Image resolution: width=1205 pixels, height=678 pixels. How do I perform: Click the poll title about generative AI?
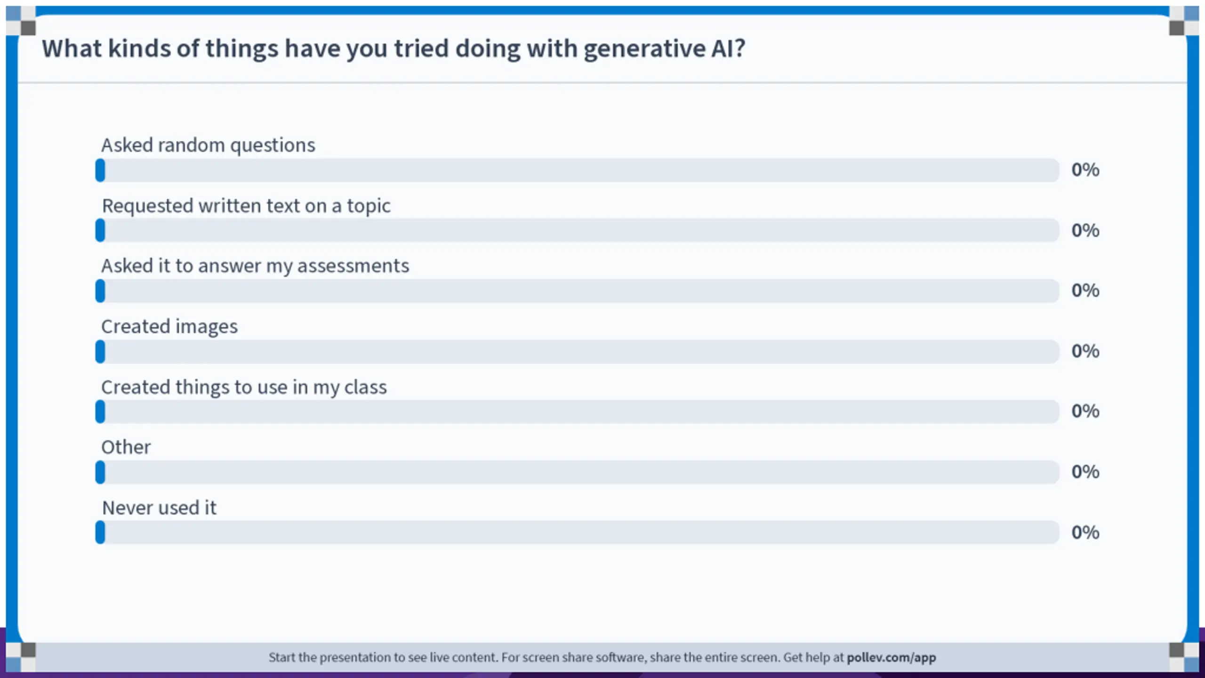(394, 49)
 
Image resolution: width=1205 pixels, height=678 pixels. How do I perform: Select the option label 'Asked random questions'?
(208, 145)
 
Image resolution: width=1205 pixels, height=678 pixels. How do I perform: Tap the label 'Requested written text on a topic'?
(246, 206)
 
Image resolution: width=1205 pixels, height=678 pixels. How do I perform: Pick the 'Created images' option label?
(169, 327)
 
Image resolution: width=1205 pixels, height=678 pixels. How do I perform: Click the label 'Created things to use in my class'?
(244, 387)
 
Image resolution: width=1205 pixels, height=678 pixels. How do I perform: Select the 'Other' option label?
(126, 447)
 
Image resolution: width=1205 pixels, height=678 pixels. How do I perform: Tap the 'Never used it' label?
(159, 508)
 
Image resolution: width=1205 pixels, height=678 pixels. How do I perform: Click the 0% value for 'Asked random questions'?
(1085, 170)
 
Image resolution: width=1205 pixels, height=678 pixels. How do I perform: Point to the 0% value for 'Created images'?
(1085, 351)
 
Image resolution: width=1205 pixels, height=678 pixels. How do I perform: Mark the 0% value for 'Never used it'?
(1085, 533)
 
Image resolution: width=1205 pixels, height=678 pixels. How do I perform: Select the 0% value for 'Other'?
(1085, 472)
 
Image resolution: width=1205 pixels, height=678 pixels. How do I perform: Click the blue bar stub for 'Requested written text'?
(100, 230)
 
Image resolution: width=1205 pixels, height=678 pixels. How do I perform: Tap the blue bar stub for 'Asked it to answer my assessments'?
(100, 291)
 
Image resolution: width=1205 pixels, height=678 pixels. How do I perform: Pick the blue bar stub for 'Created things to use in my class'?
(100, 412)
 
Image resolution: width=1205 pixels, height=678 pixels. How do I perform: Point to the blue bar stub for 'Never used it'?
(100, 533)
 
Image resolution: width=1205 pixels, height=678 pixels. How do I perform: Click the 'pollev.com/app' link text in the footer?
(892, 658)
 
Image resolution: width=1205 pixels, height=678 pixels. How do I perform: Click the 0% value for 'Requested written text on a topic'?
(1085, 231)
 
